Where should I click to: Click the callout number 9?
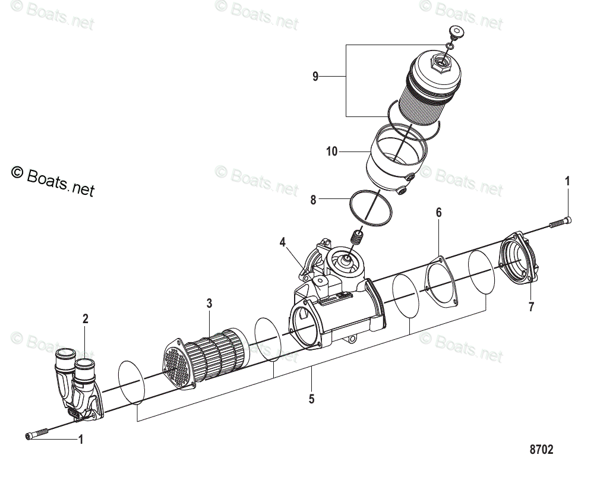315,76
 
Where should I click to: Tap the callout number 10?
331,152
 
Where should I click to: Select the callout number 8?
313,200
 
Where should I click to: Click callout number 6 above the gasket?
439,212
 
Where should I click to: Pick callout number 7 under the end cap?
531,307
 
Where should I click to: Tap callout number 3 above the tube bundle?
209,304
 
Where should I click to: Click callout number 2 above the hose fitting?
86,319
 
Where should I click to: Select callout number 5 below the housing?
311,399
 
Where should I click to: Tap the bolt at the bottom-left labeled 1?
37,436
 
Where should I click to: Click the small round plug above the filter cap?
456,32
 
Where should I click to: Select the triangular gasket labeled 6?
440,282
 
